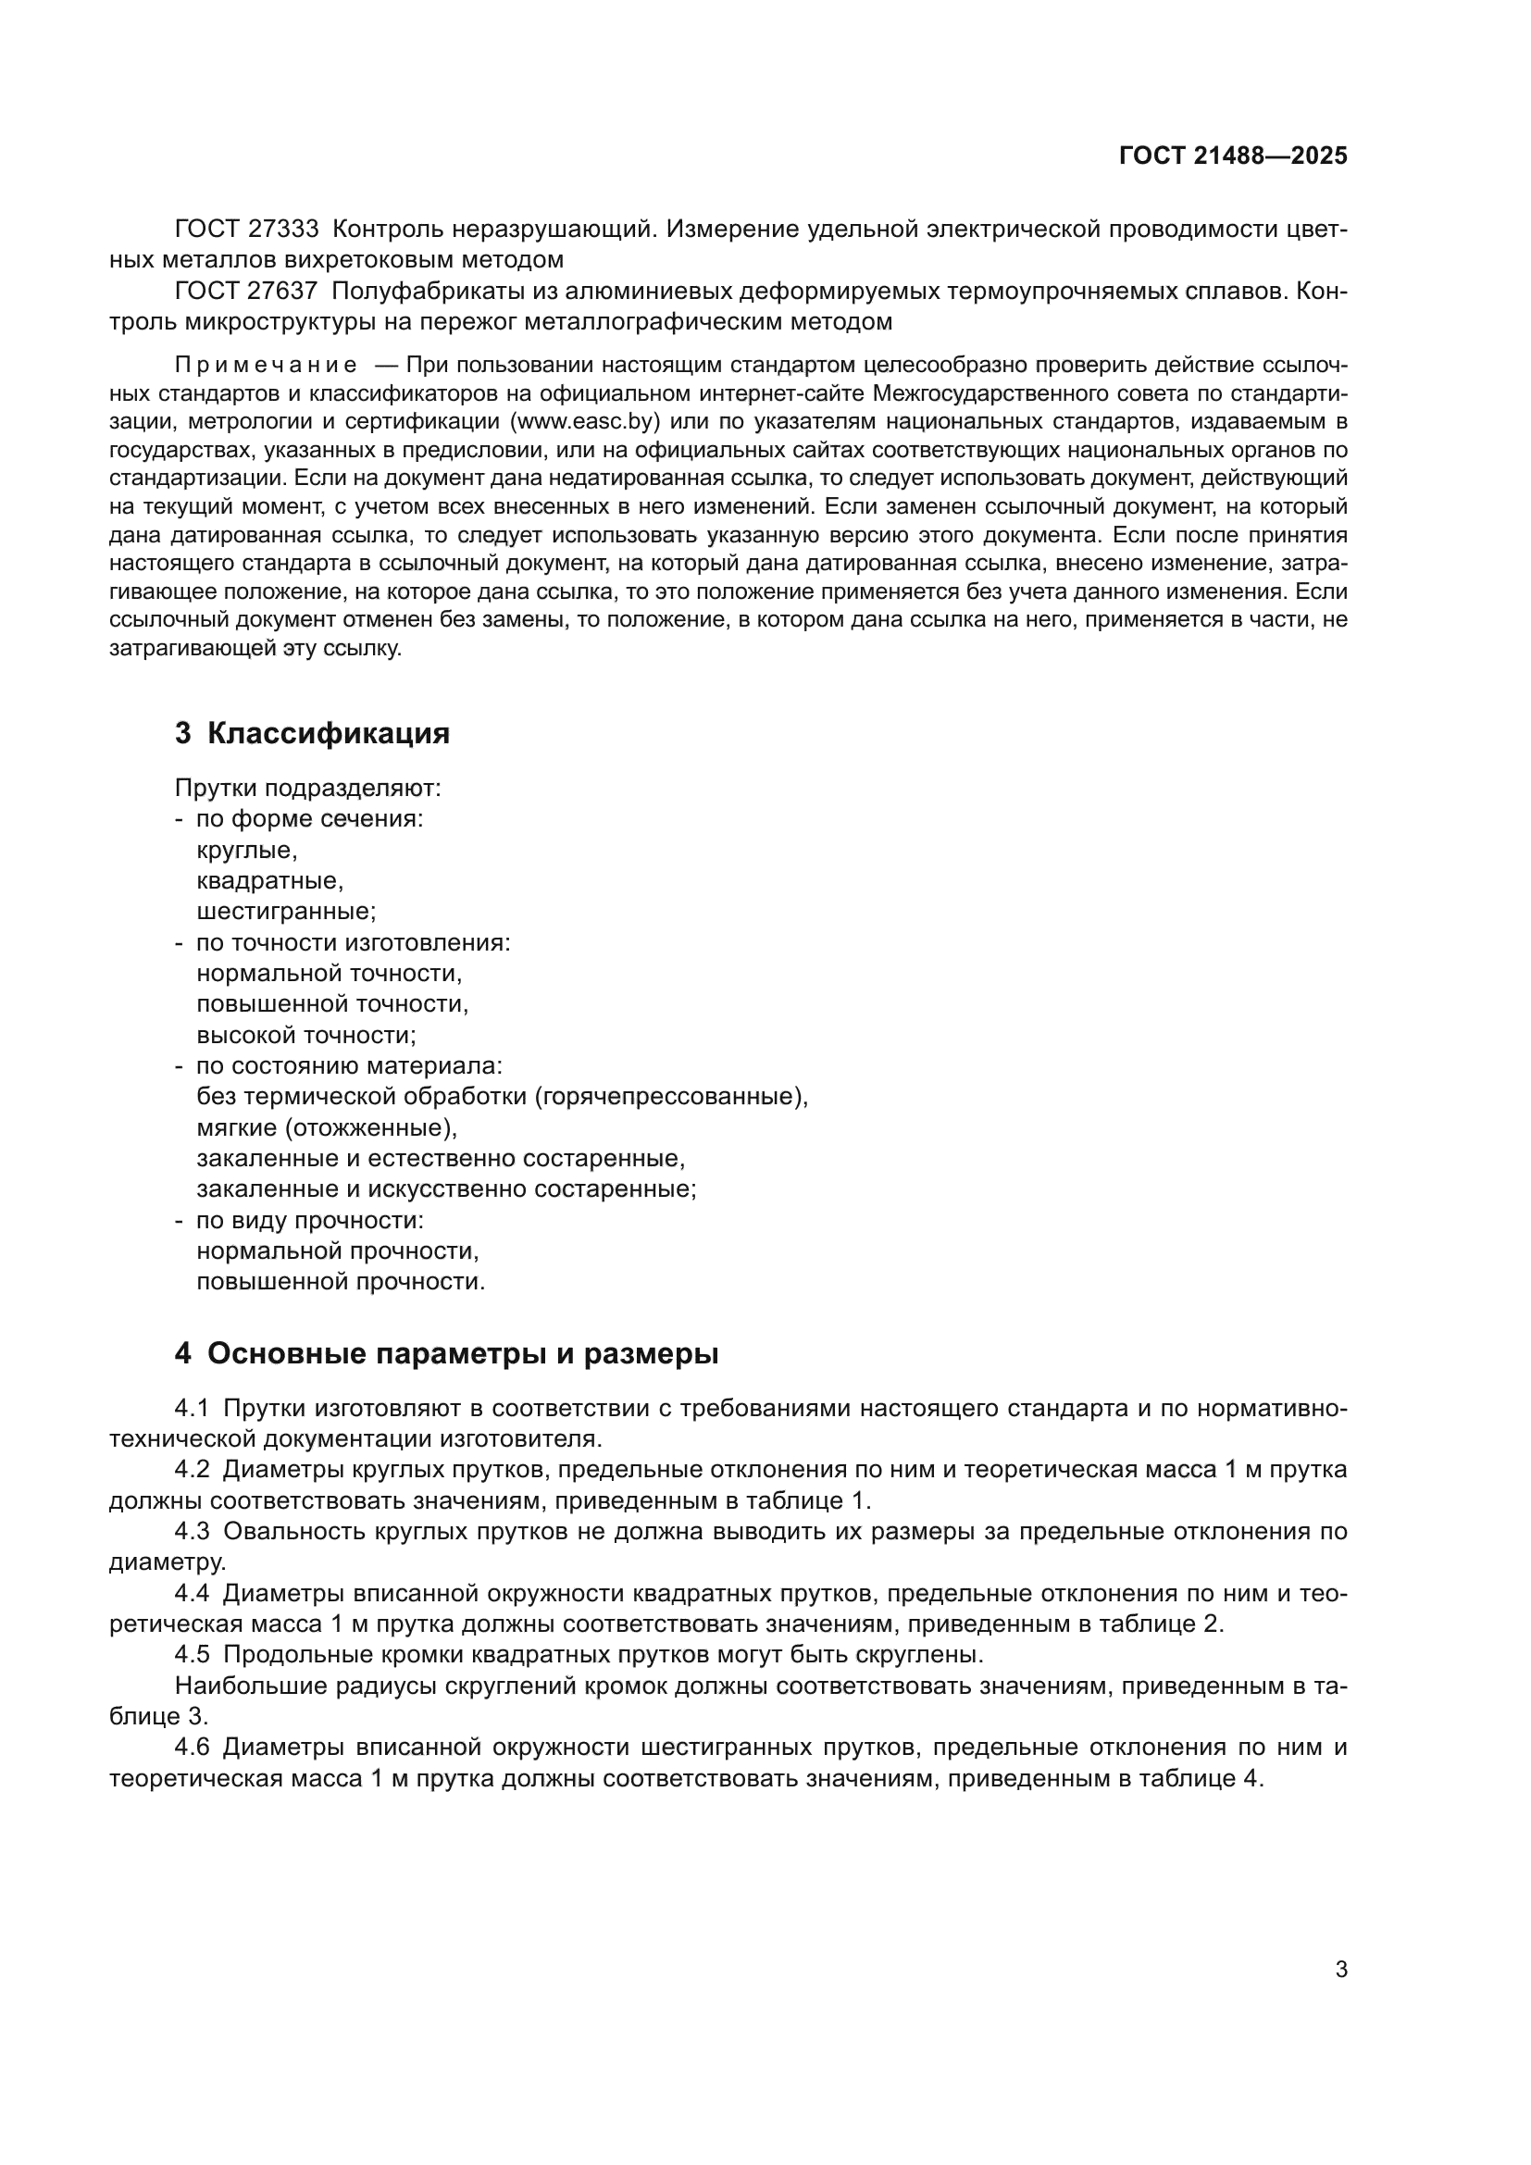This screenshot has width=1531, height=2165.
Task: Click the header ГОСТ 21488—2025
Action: tap(1232, 156)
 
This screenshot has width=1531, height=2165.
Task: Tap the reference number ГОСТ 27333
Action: tap(247, 230)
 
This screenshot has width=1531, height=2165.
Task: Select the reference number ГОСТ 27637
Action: tap(247, 292)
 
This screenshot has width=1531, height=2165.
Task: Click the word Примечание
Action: tap(266, 366)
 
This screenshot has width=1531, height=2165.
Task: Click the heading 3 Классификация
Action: tap(312, 734)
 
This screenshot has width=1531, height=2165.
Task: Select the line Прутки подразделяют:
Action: tap(307, 789)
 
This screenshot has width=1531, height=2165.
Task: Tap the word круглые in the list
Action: tap(246, 851)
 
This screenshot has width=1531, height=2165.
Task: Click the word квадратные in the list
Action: tap(268, 880)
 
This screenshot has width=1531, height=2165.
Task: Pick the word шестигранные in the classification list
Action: tap(285, 912)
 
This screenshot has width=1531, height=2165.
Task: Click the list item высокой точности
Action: tap(305, 1036)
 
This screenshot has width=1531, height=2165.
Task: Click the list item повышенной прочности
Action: tap(341, 1281)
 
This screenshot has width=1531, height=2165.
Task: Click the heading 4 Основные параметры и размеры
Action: tap(446, 1354)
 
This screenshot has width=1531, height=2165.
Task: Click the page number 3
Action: tap(1340, 1970)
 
